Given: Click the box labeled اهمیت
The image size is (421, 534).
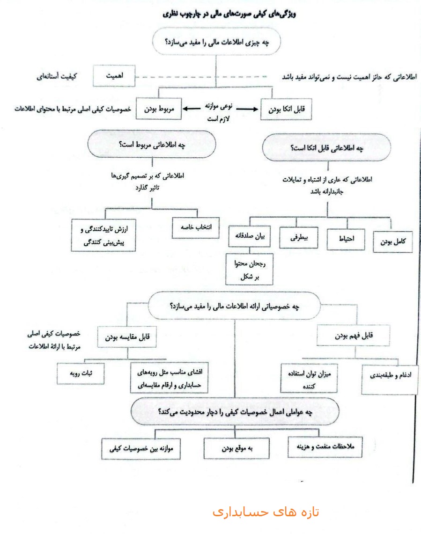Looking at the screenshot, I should point(114,76).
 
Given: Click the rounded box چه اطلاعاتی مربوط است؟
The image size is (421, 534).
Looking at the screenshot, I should point(151,145).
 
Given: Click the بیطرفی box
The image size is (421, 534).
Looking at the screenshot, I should point(299,238).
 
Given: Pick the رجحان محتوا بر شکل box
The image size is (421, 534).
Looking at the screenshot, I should point(249,270).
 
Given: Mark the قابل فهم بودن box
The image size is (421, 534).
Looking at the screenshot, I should point(355,336).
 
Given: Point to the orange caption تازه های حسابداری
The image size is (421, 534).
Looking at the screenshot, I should point(266,512).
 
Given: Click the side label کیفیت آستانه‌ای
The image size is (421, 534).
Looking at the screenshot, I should point(57,76).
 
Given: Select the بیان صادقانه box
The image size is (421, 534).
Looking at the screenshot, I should point(250,236).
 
